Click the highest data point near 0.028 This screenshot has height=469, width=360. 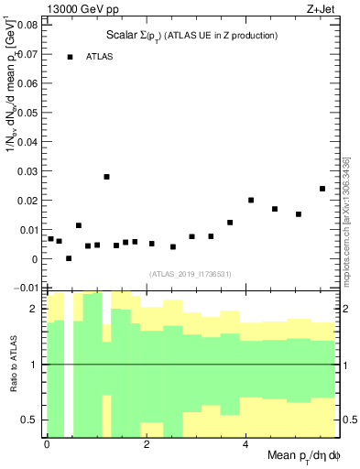click(x=106, y=177)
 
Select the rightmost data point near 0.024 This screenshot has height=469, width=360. click(x=322, y=189)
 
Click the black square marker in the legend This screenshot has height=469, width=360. click(x=70, y=57)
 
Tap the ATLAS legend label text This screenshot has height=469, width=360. click(x=100, y=57)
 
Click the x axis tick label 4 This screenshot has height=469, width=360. click(x=245, y=443)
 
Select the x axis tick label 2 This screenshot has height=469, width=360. click(x=146, y=443)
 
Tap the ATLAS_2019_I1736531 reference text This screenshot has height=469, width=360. click(x=190, y=274)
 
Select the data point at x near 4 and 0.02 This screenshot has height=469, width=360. click(x=251, y=200)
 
